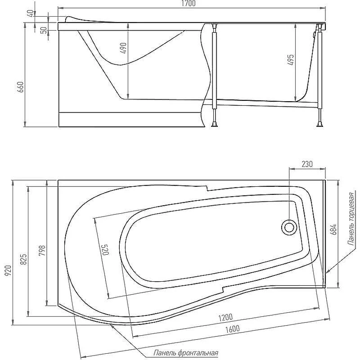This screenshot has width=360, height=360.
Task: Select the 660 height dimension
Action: [x=20, y=87]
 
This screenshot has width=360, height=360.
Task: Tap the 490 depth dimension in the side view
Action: [x=123, y=48]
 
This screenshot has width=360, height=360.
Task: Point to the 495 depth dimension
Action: [x=291, y=60]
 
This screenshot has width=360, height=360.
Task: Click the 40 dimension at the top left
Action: [x=30, y=13]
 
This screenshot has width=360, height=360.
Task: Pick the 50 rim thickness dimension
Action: [x=44, y=30]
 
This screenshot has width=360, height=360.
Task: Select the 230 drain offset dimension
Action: [x=307, y=164]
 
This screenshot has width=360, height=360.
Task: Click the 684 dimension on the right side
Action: [x=333, y=229]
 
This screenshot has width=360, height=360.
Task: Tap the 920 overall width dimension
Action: [x=8, y=270]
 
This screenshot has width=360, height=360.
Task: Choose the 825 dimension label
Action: [x=24, y=259]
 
